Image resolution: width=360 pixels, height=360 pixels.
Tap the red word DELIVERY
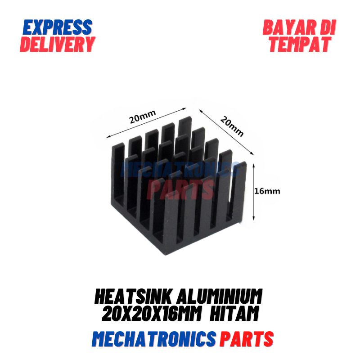(58, 44)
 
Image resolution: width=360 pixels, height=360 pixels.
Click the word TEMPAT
(300, 44)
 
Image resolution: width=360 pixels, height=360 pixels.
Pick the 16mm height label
(267, 191)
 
